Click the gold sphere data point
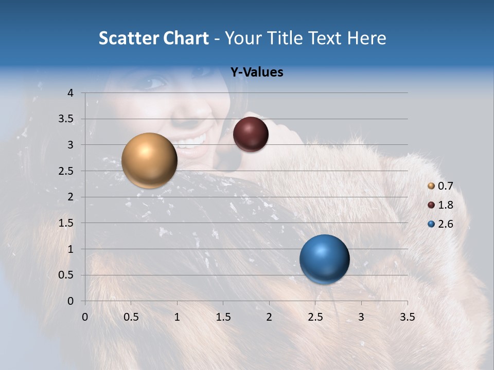pos(149,160)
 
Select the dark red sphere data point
pos(251,134)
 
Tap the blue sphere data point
pos(324,259)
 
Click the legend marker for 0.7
pos(431,186)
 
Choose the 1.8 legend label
pos(445,205)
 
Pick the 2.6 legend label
pos(445,224)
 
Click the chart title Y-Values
pos(256,72)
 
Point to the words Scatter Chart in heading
pos(154,38)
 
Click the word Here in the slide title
pos(366,38)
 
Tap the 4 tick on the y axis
pos(71,93)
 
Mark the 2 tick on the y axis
pos(71,197)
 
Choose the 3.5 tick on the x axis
pos(407,317)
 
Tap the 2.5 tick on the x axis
pos(315,317)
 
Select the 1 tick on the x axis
pos(177,317)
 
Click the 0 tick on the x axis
pos(85,317)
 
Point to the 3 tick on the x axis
pos(361,317)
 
